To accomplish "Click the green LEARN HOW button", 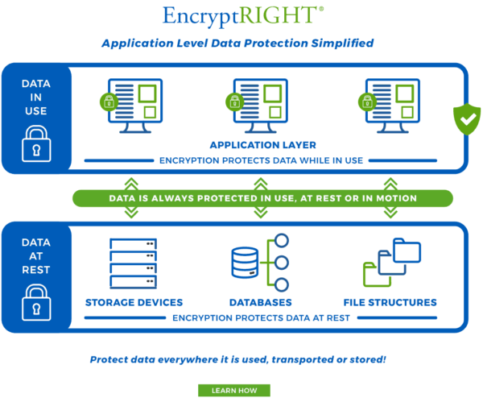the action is click(x=234, y=390).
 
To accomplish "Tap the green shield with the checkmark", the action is click(x=467, y=119).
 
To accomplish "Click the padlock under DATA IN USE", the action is click(x=36, y=143).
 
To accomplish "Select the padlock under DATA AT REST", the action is click(x=36, y=302).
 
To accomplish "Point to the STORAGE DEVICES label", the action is click(x=134, y=302).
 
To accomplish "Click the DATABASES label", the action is click(x=261, y=302).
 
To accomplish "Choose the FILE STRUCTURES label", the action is click(x=390, y=302).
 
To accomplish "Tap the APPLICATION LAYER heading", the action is click(x=263, y=145).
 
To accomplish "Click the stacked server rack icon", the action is click(x=134, y=263).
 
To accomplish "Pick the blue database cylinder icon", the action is click(x=245, y=263).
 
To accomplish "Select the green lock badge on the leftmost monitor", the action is click(x=109, y=102).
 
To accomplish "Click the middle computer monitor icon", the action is click(x=261, y=106).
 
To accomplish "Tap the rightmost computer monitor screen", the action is click(x=393, y=101).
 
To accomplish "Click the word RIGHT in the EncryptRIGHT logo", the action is click(x=277, y=15).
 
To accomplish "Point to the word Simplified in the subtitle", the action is click(x=342, y=44).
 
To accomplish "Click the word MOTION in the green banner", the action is click(x=396, y=198).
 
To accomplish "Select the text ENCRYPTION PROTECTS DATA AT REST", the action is click(x=261, y=318).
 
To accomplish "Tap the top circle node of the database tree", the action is click(x=281, y=240).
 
